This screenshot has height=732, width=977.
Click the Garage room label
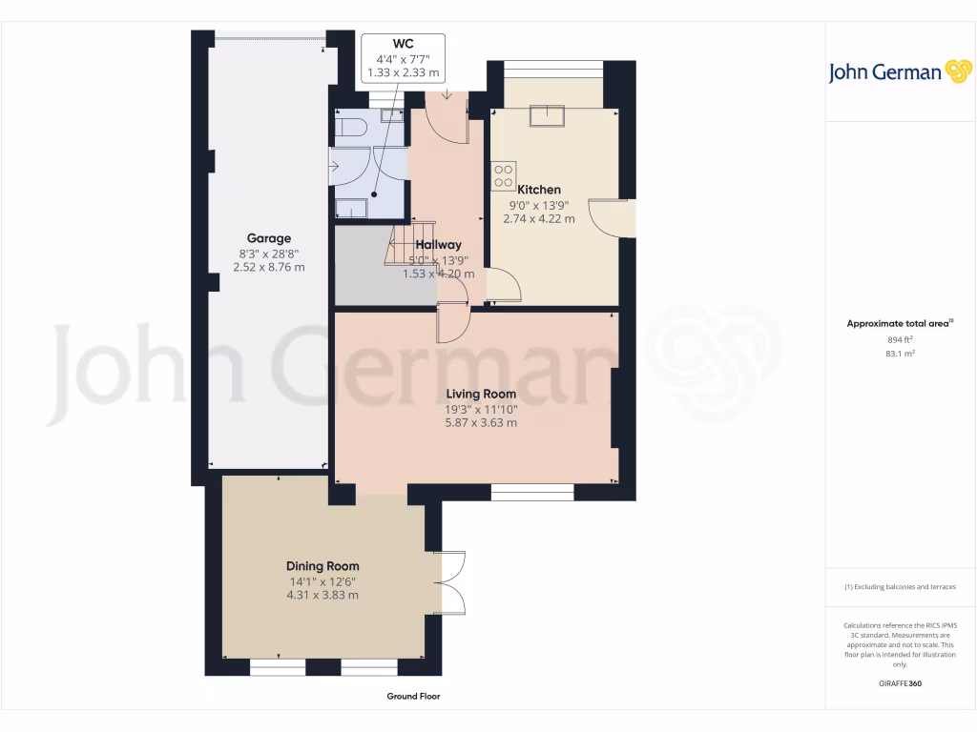(269, 238)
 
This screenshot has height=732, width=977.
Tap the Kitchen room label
(539, 190)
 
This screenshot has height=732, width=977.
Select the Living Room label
(482, 394)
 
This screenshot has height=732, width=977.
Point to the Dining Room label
(322, 566)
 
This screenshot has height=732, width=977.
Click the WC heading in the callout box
(403, 44)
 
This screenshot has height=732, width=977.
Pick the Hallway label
(438, 245)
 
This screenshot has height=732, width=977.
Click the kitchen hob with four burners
(503, 176)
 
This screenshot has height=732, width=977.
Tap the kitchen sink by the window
(551, 116)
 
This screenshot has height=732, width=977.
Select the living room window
(532, 492)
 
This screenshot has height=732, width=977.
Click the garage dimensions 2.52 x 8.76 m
(269, 268)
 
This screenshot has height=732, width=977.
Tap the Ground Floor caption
(413, 697)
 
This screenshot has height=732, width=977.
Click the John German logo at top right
(899, 71)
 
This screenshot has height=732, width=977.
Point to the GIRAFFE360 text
(900, 683)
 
